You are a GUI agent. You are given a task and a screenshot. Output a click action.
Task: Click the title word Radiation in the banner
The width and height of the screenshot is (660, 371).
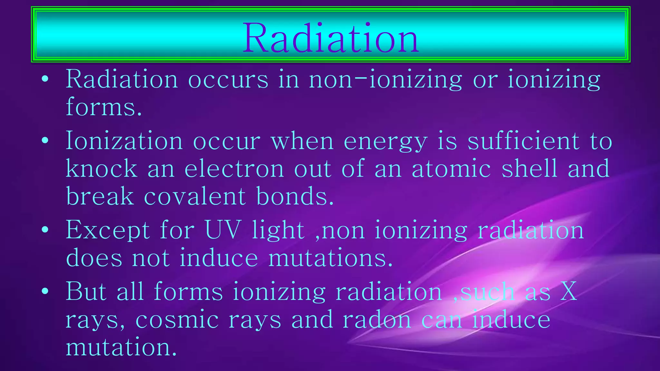click(330, 38)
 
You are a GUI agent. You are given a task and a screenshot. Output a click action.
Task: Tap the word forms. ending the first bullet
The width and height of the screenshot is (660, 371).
click(104, 107)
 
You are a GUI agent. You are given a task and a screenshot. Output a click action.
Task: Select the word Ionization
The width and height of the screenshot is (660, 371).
click(124, 141)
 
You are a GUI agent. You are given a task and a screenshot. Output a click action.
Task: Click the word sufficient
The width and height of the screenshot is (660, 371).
click(523, 141)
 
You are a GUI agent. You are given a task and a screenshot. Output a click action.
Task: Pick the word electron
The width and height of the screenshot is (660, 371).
click(234, 169)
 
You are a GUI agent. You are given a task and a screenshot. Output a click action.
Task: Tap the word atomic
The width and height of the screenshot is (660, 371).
click(451, 169)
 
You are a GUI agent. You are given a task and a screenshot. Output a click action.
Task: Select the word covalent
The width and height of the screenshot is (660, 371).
click(195, 196)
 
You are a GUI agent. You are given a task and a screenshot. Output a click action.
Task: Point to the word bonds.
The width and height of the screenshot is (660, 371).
click(295, 196)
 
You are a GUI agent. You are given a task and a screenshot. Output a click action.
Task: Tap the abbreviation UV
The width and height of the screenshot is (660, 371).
click(223, 230)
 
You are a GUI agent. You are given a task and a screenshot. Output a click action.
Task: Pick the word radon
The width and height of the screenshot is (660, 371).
click(377, 319)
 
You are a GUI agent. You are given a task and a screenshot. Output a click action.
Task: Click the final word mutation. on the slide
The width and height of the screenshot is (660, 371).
click(121, 347)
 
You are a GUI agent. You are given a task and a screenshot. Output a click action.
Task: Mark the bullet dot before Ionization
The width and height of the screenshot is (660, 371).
click(45, 140)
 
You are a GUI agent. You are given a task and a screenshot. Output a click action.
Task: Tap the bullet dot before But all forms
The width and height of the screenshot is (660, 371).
click(45, 291)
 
